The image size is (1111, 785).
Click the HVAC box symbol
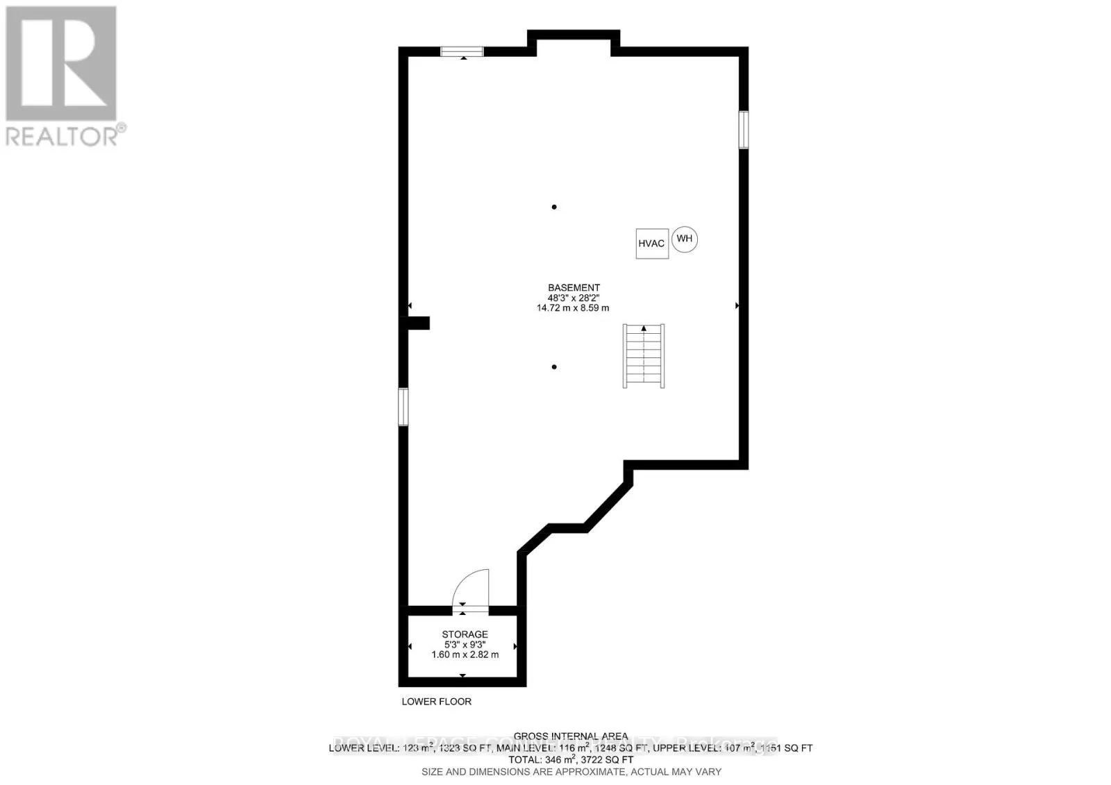click(651, 244)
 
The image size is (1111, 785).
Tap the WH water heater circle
click(684, 239)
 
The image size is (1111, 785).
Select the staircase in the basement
click(644, 355)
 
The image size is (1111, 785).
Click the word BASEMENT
click(574, 287)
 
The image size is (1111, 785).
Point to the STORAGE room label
click(465, 634)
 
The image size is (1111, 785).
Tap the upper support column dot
click(554, 207)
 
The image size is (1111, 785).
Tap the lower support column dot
click(554, 366)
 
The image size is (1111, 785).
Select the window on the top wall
click(462, 51)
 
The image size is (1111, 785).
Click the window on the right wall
click(743, 129)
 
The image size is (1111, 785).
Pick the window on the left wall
click(403, 406)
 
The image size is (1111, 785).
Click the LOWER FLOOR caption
click(436, 702)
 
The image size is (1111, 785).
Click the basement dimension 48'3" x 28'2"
click(574, 298)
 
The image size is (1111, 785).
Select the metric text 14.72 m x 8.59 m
click(574, 307)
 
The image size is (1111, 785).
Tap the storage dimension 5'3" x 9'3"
click(465, 644)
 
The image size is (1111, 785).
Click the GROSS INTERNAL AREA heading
click(571, 736)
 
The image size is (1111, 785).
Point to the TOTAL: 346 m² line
click(571, 760)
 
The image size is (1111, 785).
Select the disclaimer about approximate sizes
click(571, 772)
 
